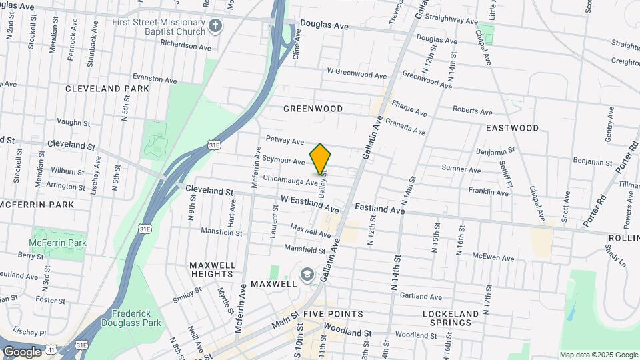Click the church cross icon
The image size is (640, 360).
click(x=215, y=27)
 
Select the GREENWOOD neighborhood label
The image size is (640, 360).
click(x=313, y=109)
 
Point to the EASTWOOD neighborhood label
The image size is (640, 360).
click(x=512, y=128)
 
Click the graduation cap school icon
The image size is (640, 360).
click(x=307, y=273)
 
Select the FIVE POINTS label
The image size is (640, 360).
click(x=333, y=313)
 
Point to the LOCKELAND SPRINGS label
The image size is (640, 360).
click(x=451, y=318)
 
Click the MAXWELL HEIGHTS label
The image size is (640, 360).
click(x=213, y=269)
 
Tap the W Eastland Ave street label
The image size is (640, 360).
click(x=309, y=200)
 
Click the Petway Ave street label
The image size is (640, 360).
click(x=285, y=141)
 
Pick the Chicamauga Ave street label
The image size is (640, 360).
click(x=290, y=180)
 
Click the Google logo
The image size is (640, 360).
click(x=21, y=352)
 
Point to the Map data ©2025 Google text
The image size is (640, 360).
click(x=598, y=355)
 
